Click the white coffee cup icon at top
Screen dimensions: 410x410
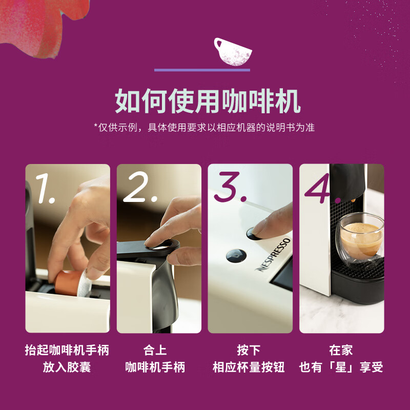click(233, 52)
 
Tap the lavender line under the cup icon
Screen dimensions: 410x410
click(202, 70)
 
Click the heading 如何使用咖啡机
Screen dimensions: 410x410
click(208, 101)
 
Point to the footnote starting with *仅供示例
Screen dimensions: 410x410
click(204, 128)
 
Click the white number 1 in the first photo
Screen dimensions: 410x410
click(45, 188)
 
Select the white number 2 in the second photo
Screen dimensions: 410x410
click(140, 187)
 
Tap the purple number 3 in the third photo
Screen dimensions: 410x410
click(230, 187)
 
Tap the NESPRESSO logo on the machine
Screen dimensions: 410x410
click(273, 254)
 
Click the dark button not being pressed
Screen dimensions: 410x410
click(236, 255)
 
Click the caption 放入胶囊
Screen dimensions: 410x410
click(67, 367)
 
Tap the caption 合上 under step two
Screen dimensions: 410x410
click(155, 350)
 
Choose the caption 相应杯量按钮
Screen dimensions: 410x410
click(249, 367)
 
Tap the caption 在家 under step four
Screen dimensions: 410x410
click(341, 350)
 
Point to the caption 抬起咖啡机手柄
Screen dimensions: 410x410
click(67, 350)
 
